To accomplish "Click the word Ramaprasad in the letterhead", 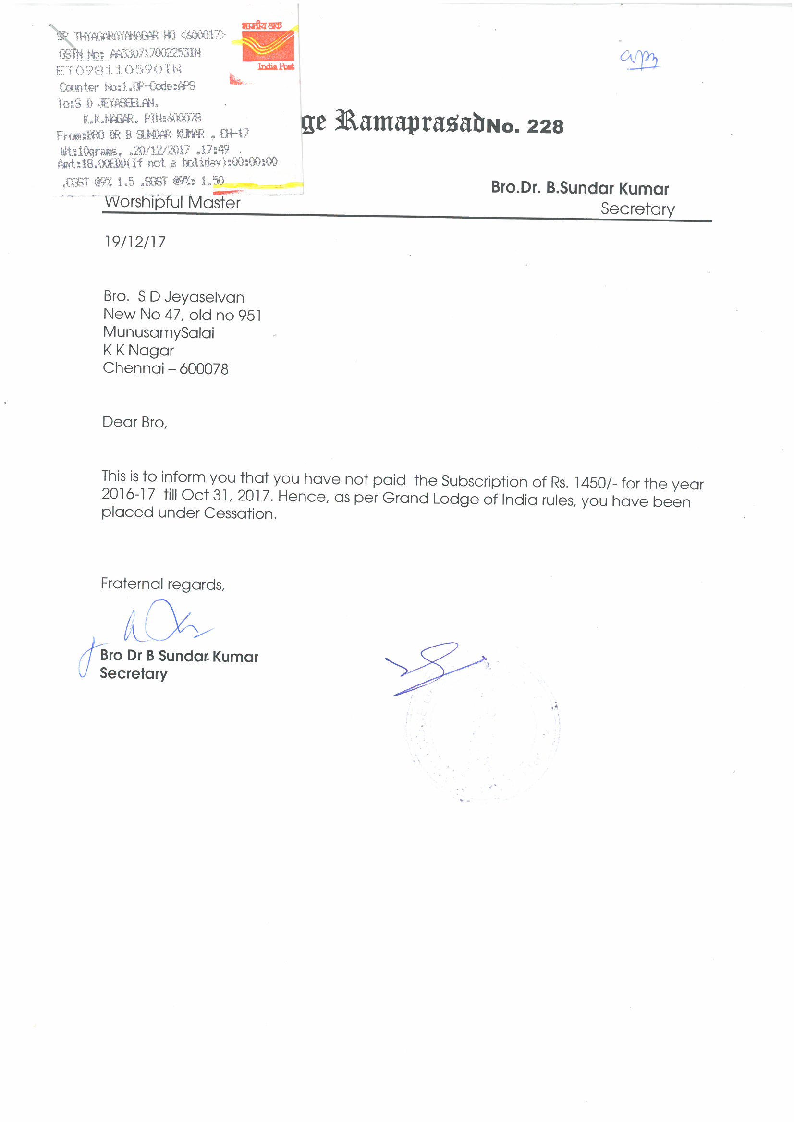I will [x=410, y=122].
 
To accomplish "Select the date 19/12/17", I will [x=135, y=242].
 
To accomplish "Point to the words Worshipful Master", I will [x=172, y=203].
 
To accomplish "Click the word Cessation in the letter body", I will [x=240, y=513].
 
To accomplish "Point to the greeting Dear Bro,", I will [x=134, y=422].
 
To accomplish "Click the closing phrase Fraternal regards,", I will [x=162, y=584].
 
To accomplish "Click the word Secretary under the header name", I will [x=637, y=209].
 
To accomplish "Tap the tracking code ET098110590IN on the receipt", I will [x=119, y=70].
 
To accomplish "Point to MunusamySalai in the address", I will [x=159, y=332].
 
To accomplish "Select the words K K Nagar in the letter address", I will [x=138, y=351].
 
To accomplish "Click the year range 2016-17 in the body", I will [x=128, y=494].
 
